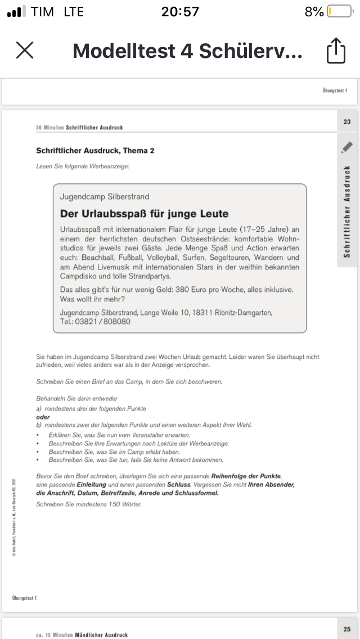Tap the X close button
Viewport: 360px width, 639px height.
click(x=25, y=50)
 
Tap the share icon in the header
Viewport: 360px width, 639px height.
click(x=336, y=50)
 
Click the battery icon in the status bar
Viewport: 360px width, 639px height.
click(x=339, y=12)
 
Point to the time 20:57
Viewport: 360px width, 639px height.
click(x=180, y=12)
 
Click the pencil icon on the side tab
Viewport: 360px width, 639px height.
click(x=346, y=147)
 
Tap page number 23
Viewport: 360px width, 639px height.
click(x=346, y=121)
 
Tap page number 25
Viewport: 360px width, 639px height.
click(x=346, y=628)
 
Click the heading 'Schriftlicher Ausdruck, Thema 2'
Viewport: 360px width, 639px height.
click(x=95, y=151)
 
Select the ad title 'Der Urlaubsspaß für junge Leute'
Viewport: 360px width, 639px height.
click(x=144, y=214)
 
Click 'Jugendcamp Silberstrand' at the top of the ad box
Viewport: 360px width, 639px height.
click(x=105, y=197)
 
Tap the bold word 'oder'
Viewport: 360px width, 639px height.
click(x=43, y=417)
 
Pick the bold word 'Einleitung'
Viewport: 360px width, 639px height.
click(x=91, y=484)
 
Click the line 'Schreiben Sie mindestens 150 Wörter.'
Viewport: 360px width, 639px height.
click(x=89, y=504)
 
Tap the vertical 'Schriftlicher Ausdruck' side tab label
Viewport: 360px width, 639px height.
click(x=347, y=211)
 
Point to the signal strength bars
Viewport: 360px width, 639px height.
click(x=17, y=12)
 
